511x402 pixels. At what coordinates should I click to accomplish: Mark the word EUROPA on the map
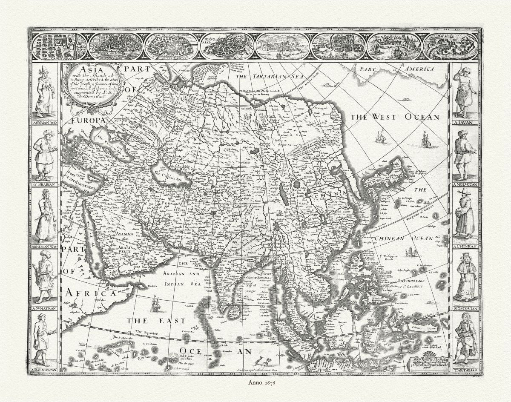click(88, 121)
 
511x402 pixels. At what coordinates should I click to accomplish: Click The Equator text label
click(146, 332)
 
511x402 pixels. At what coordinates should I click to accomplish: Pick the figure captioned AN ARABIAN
click(45, 154)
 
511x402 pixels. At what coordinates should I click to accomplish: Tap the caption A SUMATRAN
click(45, 308)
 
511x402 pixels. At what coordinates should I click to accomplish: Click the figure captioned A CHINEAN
click(465, 214)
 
